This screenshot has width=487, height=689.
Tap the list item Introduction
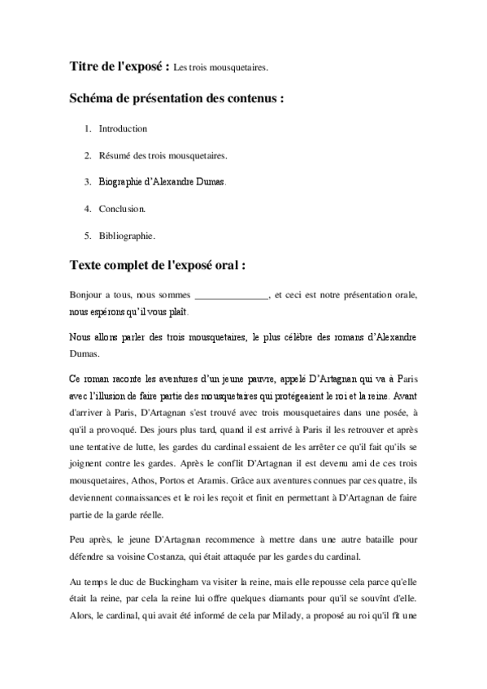[123, 128]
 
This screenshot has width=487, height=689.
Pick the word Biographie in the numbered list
[123, 181]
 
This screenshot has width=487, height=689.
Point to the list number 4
[87, 208]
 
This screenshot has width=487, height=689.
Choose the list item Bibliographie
[126, 236]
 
